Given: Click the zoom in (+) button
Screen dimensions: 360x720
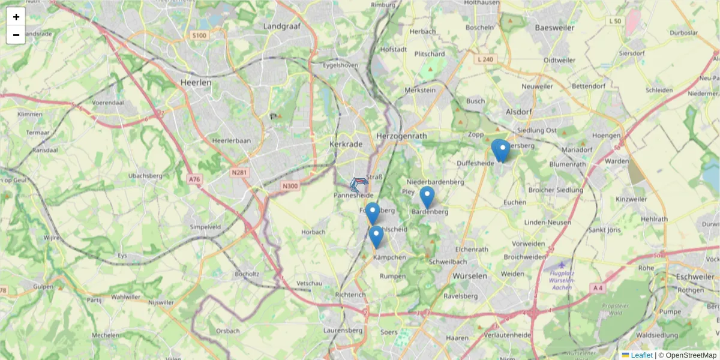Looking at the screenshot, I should tap(16, 17).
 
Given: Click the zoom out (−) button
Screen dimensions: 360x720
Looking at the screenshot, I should tap(16, 35).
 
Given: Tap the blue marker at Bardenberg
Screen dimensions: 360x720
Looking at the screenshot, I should tap(427, 197).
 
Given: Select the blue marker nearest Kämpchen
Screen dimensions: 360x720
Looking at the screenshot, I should tap(376, 236).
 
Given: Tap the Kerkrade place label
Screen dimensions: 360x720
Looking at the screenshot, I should tap(344, 145).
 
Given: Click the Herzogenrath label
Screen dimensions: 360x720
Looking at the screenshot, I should tap(401, 136).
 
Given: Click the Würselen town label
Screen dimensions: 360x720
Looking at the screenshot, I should tap(470, 275).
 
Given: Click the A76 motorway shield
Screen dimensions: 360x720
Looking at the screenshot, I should tap(194, 179).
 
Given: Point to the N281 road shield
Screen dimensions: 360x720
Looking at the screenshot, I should tap(239, 173).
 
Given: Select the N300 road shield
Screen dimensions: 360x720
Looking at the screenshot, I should tap(290, 186).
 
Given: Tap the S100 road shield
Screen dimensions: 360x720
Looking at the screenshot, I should tap(199, 36).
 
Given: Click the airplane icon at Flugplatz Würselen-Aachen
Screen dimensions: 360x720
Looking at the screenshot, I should tap(562, 265).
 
